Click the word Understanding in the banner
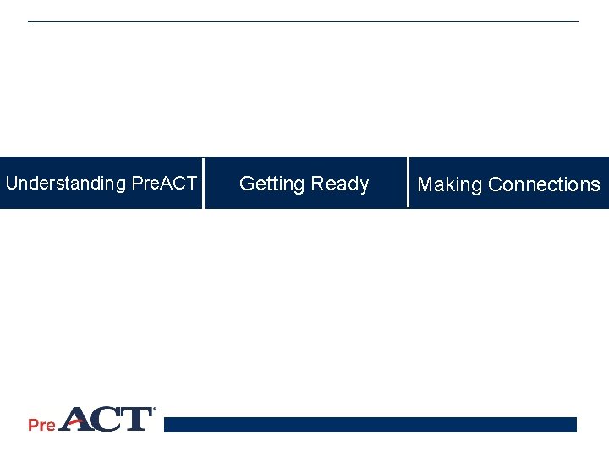pos(65,184)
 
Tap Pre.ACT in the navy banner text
pos(164,184)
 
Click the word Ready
pos(340,184)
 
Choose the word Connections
pos(544,184)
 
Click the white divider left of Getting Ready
pos(203,183)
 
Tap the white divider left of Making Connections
pos(408,182)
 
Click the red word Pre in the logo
pos(41,425)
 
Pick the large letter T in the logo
pos(137,420)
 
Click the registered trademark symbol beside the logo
pos(154,410)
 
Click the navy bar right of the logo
pos(370,424)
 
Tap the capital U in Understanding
pos(12,184)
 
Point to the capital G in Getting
pos(247,184)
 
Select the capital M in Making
pos(425,184)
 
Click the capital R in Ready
pos(318,184)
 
